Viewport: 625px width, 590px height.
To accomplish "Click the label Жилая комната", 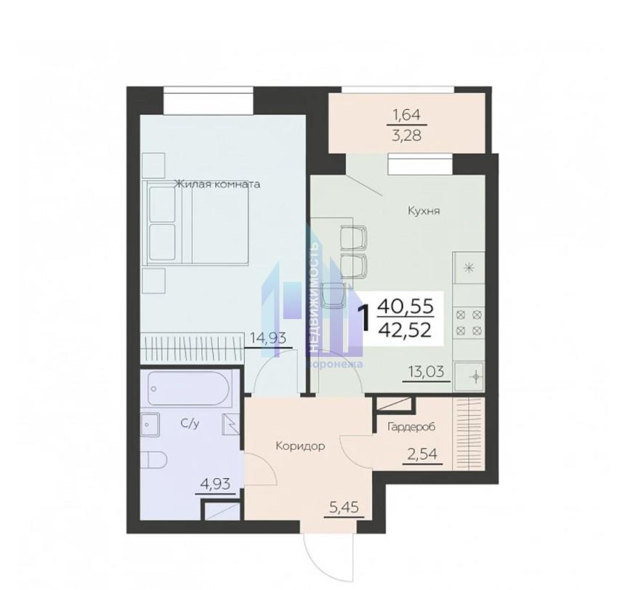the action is [x=217, y=184].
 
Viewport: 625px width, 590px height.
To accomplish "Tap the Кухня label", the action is [x=424, y=211].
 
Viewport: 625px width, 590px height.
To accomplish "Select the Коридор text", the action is [x=300, y=446].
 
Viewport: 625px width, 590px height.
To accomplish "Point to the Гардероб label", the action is [x=411, y=427].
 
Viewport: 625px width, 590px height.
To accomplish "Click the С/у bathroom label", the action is [x=190, y=424].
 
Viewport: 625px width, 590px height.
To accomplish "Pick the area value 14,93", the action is [x=268, y=338].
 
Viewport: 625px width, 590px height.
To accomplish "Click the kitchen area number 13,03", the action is [x=426, y=371].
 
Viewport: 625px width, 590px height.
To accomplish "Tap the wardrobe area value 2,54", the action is [x=422, y=454].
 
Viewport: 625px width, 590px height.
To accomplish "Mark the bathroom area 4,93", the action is [x=215, y=484].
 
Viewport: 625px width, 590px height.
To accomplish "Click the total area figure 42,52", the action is [x=406, y=330].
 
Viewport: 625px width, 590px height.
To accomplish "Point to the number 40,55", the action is [x=406, y=306].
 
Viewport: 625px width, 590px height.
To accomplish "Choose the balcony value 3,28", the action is [x=406, y=136].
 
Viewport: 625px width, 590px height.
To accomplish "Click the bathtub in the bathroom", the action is [x=188, y=388].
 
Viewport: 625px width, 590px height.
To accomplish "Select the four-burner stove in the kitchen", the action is [x=469, y=323].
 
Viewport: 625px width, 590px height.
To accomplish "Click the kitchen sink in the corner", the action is [x=469, y=376].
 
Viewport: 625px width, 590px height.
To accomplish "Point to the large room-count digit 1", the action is [x=365, y=318].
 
